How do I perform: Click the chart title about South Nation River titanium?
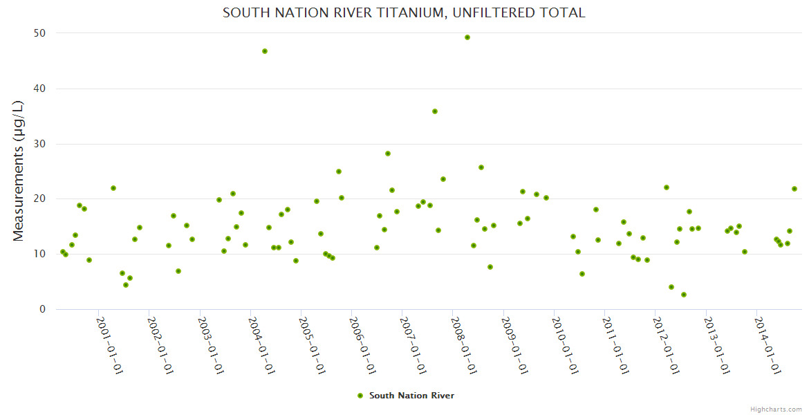coord(404,12)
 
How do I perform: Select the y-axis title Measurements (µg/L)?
coord(19,171)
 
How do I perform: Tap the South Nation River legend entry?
coord(406,396)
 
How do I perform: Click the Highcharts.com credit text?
coord(776,409)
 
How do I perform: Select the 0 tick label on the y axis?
coord(42,309)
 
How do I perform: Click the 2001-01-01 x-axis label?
coord(109,345)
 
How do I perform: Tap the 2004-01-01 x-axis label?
coord(261,345)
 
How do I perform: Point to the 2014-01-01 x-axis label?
coord(768,345)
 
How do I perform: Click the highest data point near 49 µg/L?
coord(467,37)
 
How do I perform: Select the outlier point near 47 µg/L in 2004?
coord(265,51)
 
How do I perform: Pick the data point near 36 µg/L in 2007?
coord(435,111)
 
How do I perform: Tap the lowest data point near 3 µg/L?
coord(684,295)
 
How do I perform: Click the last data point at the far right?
coord(794,189)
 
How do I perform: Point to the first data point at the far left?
coord(63,252)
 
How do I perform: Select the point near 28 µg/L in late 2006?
coord(388,154)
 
